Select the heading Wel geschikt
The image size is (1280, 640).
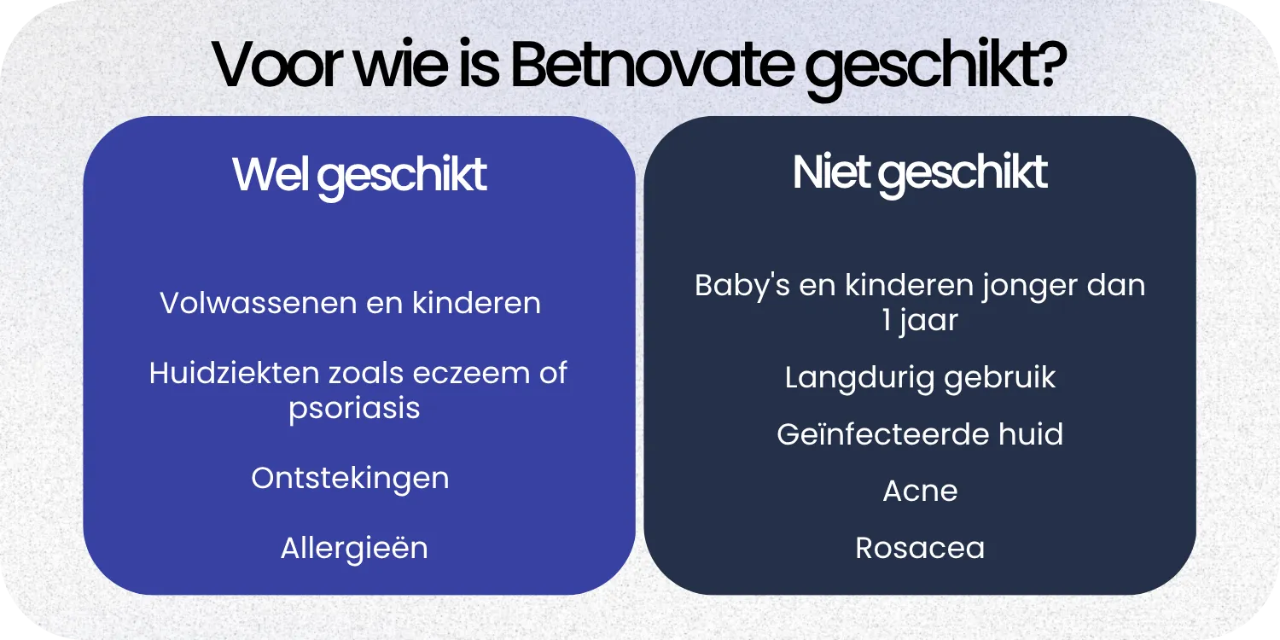click(359, 175)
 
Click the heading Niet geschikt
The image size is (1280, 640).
click(920, 173)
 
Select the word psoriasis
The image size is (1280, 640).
click(354, 408)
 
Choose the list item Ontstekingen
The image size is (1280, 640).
click(350, 478)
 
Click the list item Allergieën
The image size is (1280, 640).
click(354, 548)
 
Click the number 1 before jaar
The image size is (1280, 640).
click(887, 320)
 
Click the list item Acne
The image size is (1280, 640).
click(920, 491)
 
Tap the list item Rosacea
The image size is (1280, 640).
click(920, 548)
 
